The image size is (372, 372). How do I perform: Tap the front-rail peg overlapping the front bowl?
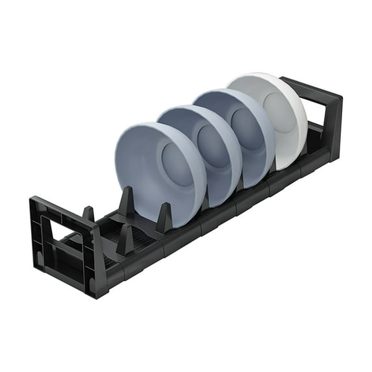pyautogui.click(x=164, y=218)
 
